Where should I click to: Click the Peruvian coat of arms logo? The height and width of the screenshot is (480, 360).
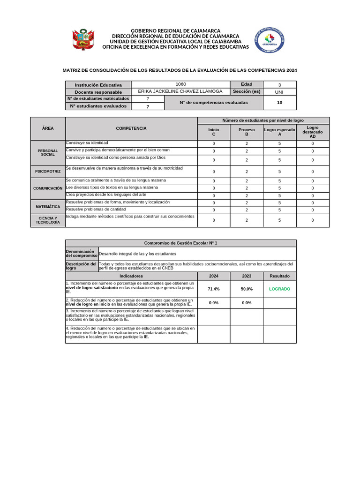[82, 40]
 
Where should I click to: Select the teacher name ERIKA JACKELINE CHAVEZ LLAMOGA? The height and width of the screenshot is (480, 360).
[180, 91]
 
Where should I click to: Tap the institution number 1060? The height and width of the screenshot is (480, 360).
[180, 84]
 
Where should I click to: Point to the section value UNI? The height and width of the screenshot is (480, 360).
[279, 92]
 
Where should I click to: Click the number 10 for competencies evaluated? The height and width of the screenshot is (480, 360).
[279, 102]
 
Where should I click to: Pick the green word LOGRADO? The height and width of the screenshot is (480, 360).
[279, 289]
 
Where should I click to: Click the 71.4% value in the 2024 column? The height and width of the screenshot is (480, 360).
[214, 289]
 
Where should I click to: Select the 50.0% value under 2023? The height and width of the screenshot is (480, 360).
[247, 289]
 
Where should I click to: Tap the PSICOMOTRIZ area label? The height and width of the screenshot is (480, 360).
[48, 172]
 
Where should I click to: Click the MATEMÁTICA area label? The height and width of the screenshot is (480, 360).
[48, 206]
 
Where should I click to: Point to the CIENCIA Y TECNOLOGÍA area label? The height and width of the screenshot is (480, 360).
[48, 220]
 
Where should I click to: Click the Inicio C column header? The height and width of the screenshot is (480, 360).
[214, 132]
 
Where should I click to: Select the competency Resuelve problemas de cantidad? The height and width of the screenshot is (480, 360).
[96, 209]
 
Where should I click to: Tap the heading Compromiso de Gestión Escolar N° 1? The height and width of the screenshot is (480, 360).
[180, 243]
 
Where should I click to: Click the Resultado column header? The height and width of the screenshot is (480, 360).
[279, 276]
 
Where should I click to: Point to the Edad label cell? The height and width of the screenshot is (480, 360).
[247, 84]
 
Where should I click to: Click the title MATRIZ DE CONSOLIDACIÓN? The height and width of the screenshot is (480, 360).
[180, 70]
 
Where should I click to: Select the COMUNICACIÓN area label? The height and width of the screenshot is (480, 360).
[48, 188]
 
